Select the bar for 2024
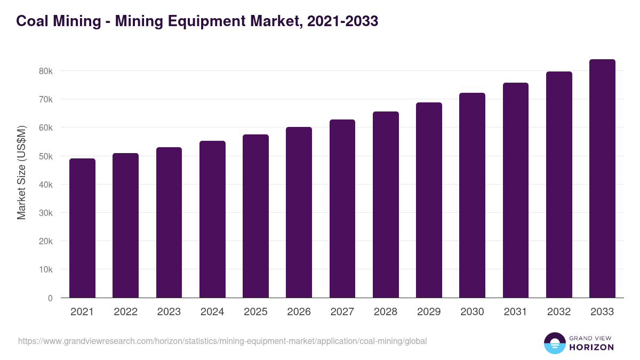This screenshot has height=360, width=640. point(212,219)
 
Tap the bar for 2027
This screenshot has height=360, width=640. point(342,209)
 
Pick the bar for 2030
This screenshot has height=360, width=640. point(473,195)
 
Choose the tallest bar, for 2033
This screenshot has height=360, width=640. point(602,179)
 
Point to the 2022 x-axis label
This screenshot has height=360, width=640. point(125,312)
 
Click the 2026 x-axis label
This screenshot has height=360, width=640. point(299,312)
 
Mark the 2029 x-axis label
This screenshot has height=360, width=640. point(429,312)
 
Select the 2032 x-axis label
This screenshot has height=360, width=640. point(559,312)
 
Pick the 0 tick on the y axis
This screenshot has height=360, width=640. point(50,298)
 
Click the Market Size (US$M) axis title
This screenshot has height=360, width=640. point(21,172)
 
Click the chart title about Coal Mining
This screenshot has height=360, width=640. point(197,21)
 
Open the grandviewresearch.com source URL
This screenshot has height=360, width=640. point(222,341)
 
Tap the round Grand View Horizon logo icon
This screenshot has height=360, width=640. point(555,343)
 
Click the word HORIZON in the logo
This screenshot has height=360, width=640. point(591,347)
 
